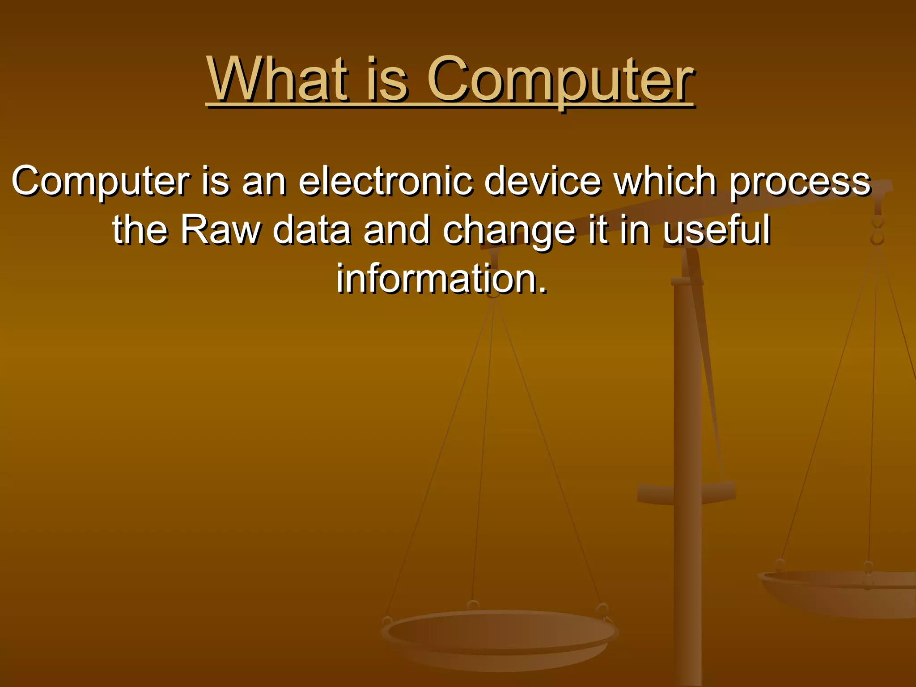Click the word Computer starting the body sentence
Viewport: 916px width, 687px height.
[100, 181]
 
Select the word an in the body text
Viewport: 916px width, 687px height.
[263, 181]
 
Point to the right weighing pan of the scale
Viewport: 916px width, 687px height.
[841, 590]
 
